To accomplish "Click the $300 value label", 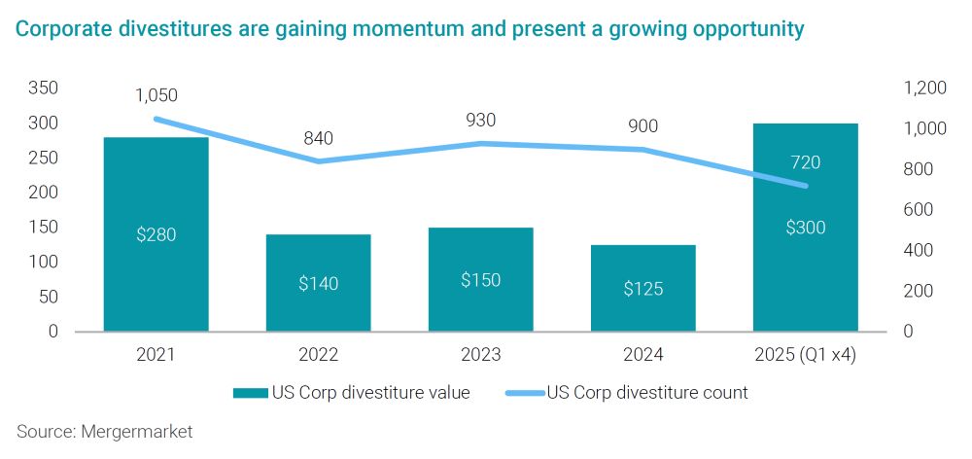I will [x=805, y=229].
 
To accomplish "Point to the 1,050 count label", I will [x=156, y=95].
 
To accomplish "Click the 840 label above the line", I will [x=318, y=138].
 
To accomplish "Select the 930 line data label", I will [x=480, y=121].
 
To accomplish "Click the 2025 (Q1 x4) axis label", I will [x=805, y=355].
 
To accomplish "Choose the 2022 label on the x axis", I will [x=319, y=355].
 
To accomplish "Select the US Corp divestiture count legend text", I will [x=647, y=393].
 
